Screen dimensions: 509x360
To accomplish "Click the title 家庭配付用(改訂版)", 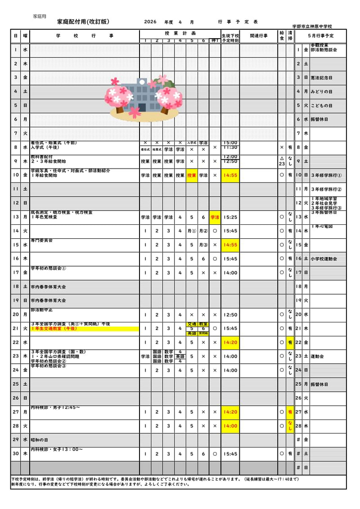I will pyautogui.click(x=83, y=22).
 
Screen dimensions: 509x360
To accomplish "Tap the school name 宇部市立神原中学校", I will pyautogui.click(x=319, y=27).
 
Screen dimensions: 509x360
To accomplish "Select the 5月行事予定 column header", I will pyautogui.click(x=321, y=36).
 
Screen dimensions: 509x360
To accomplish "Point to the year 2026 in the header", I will pyautogui.click(x=150, y=22).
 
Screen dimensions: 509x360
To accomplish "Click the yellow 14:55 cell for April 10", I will pyautogui.click(x=230, y=175).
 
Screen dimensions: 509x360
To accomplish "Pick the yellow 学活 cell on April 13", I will pyautogui.click(x=215, y=217).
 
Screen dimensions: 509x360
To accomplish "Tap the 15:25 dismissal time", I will pyautogui.click(x=230, y=217).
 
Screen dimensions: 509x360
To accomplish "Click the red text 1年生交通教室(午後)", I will pyautogui.click(x=54, y=329).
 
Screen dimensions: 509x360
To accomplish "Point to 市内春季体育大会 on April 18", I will pyautogui.click(x=48, y=286).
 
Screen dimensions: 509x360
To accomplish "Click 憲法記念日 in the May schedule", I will pyautogui.click(x=321, y=78).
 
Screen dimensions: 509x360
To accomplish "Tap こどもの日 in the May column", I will pyautogui.click(x=321, y=106).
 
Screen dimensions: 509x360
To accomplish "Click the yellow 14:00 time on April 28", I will pyautogui.click(x=230, y=426).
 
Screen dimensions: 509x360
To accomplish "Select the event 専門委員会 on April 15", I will pyautogui.click(x=41, y=241).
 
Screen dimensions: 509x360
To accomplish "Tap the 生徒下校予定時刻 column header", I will pyautogui.click(x=230, y=38).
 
